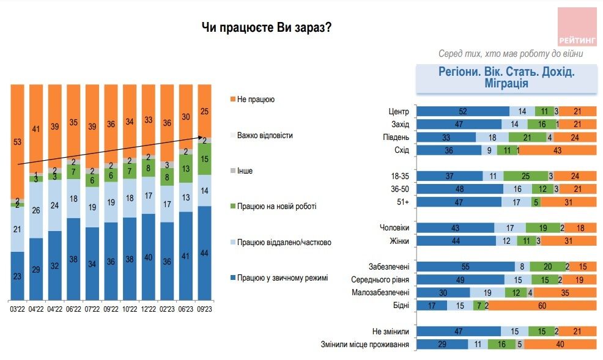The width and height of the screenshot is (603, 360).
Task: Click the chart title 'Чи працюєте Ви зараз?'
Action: [267, 28]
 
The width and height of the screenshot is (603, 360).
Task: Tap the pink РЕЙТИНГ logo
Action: [577, 26]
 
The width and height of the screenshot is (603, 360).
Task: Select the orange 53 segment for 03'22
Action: [17, 141]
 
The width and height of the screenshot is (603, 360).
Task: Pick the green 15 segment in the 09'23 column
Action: [205, 159]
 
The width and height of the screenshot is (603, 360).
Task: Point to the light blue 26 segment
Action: [36, 210]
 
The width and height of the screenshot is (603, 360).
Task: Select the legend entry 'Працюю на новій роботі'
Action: [276, 207]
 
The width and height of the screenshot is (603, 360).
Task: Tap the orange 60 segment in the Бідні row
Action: [542, 305]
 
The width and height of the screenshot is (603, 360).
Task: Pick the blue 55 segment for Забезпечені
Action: [465, 266]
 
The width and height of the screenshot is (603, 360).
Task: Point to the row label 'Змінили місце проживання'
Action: [364, 345]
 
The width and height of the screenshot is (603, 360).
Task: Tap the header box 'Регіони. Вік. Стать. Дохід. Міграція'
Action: [507, 78]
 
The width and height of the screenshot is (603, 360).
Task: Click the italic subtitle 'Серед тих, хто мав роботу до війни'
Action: [511, 53]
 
